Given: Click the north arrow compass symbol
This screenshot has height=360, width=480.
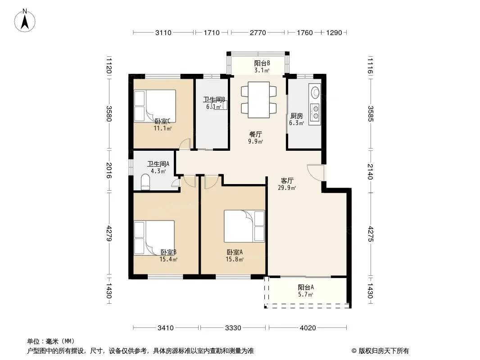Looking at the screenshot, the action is tap(25, 21).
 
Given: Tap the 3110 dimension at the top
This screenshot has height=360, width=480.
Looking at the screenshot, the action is tap(163, 33).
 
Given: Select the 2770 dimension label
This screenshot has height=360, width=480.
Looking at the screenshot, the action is tap(258, 33).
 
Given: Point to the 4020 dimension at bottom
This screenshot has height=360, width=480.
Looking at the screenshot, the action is tap(308, 328).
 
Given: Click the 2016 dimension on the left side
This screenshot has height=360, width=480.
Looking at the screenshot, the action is tap(109, 171).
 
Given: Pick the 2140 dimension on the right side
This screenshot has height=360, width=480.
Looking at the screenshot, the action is tap(371, 172).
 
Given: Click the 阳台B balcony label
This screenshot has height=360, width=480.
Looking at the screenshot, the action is tap(262, 63).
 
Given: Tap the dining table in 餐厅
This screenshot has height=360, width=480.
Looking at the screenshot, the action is tap(258, 100).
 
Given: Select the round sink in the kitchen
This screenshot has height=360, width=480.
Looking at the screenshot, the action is tap(315, 92).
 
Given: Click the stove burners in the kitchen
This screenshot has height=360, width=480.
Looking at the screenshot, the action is tap(315, 112).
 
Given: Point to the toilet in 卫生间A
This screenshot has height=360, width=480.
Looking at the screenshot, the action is tap(145, 182).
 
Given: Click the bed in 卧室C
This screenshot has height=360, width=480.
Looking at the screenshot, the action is tap(155, 106).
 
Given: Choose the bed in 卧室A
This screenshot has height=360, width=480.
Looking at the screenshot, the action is tap(245, 226).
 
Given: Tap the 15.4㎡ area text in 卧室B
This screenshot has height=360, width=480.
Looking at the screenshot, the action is tap(168, 259).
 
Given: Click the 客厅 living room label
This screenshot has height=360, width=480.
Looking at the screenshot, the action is tap(287, 181).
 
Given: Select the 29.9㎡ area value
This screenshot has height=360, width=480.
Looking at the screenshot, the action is tap(287, 188).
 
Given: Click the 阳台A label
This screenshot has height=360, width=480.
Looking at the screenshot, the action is tap(306, 287).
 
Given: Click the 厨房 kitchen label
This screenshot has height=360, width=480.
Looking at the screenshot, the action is tap(297, 116).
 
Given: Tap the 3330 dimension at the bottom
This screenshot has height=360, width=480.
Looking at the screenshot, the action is tap(233, 328).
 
